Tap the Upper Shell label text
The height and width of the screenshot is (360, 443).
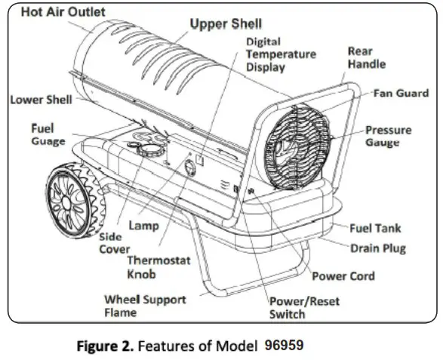point(215,24)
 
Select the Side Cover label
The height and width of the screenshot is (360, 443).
point(115,243)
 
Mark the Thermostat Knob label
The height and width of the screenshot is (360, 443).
point(158,266)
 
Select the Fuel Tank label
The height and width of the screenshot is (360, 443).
point(376,228)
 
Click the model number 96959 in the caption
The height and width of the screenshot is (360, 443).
point(284,345)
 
